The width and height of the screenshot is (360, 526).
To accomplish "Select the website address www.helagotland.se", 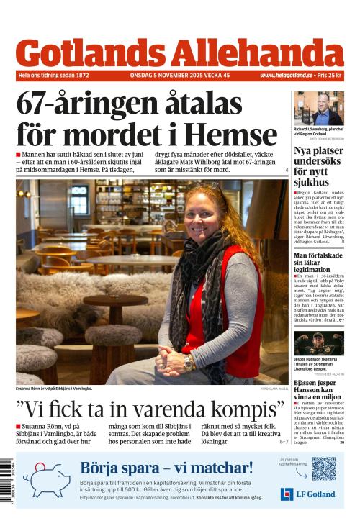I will (286, 75).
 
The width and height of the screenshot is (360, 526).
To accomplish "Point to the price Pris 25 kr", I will (330, 75).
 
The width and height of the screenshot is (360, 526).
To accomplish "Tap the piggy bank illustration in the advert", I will (48, 480).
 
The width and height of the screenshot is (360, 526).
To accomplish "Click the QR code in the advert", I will (323, 468).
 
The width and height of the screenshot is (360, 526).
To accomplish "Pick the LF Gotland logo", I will (307, 494).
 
